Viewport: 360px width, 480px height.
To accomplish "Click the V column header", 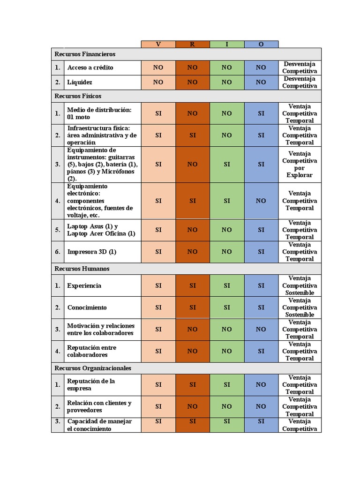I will click(x=158, y=44).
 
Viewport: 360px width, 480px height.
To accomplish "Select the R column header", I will click(x=192, y=44).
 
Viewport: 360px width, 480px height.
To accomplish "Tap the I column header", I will click(x=227, y=44).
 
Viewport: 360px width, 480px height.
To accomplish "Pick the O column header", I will click(x=261, y=44).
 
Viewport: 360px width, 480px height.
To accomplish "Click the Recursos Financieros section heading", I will click(x=85, y=54).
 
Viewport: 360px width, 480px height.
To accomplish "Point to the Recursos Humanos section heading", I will click(x=82, y=269).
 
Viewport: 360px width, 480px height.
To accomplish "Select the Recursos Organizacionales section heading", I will click(x=93, y=368).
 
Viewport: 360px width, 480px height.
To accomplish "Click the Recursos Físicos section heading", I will click(x=78, y=96).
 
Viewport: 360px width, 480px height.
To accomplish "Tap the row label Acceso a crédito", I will click(x=90, y=67).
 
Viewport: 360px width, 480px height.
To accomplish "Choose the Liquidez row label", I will click(x=80, y=82).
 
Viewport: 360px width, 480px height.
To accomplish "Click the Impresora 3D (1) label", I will click(x=92, y=252).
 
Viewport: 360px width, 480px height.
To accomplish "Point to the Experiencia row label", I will click(x=84, y=285).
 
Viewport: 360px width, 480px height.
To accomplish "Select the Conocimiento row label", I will click(x=87, y=307).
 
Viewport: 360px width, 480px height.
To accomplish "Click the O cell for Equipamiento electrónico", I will click(x=261, y=201).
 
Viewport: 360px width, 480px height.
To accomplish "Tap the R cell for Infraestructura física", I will click(x=192, y=135).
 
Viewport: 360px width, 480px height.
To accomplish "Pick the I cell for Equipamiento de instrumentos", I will click(x=227, y=164).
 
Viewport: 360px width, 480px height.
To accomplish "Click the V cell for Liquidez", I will click(x=158, y=82).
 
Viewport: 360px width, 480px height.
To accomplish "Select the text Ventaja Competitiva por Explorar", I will click(x=300, y=164).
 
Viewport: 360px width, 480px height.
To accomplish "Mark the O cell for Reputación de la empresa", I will click(x=261, y=384).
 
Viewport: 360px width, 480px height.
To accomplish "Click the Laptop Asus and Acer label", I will click(x=101, y=230).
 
